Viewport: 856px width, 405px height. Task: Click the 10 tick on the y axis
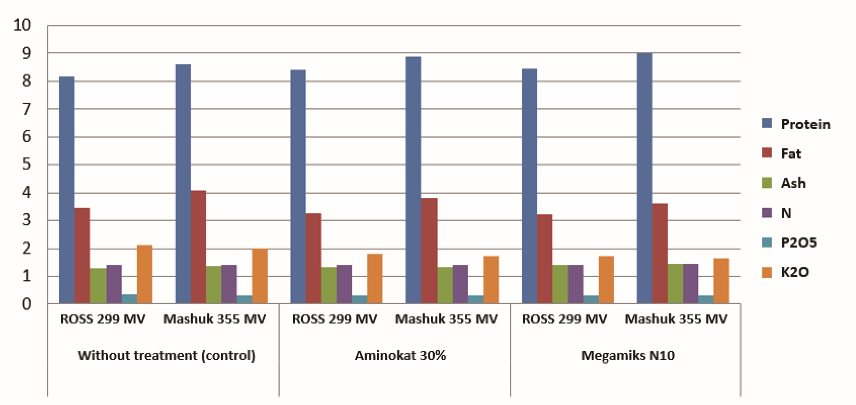(22, 25)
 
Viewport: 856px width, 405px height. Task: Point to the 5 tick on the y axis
(26, 165)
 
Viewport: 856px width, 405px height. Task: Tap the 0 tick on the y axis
(26, 304)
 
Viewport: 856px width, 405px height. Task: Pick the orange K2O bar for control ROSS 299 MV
(145, 274)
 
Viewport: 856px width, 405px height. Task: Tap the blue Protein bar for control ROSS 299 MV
(67, 190)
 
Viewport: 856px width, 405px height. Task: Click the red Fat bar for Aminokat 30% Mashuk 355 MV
(429, 251)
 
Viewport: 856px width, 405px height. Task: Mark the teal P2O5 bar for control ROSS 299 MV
(129, 299)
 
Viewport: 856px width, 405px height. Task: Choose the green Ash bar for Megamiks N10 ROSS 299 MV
(560, 284)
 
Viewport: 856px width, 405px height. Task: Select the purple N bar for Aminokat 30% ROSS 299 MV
(344, 284)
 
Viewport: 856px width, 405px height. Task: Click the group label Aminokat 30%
(400, 355)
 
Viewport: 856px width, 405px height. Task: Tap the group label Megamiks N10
(628, 355)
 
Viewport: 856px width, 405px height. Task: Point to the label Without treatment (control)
(167, 355)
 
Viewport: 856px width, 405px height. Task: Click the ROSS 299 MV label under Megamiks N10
(564, 319)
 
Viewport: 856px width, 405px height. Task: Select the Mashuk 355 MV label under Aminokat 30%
(446, 319)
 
